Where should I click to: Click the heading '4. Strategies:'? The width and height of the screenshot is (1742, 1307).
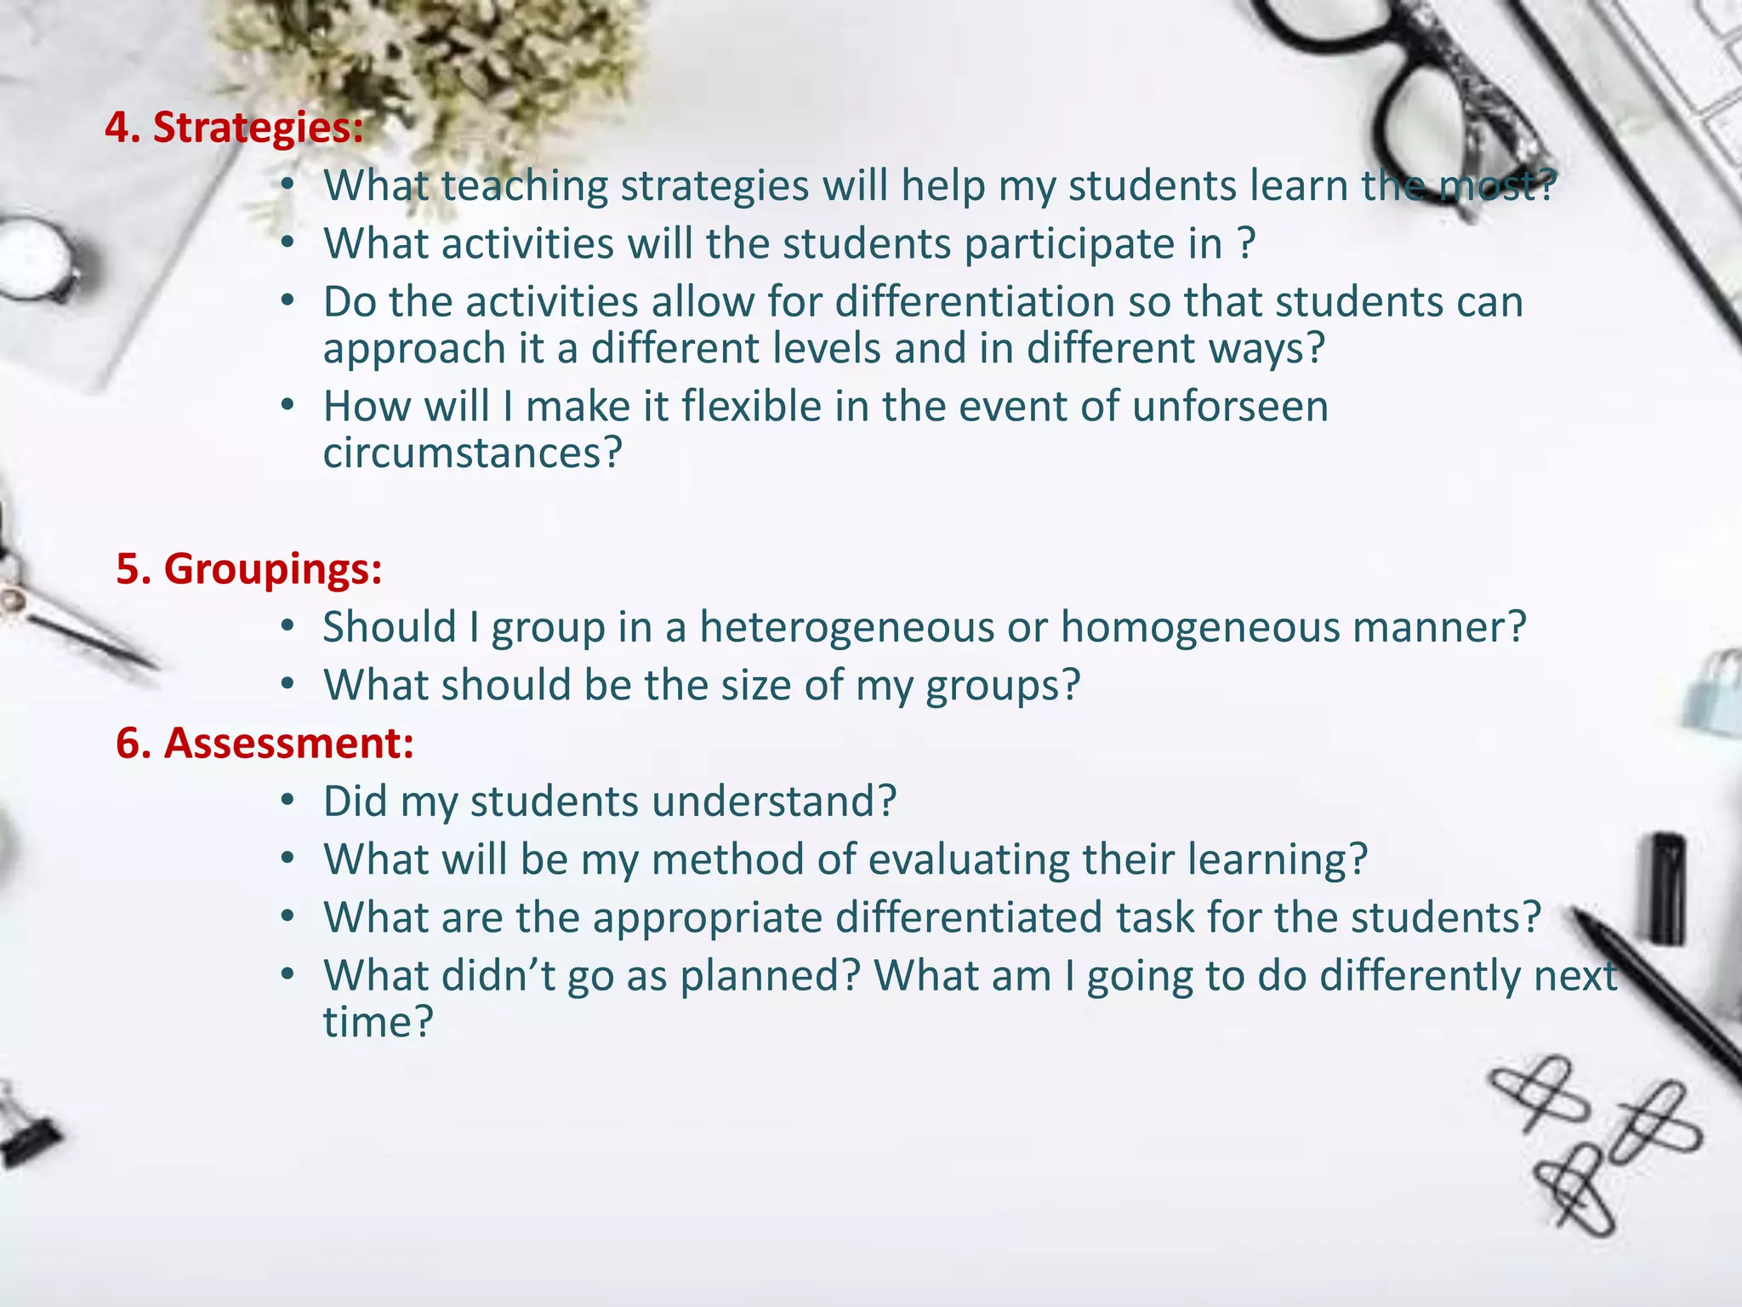tap(234, 128)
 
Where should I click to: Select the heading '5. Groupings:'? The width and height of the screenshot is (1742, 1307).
tap(248, 568)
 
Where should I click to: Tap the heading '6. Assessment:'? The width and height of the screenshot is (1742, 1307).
tap(265, 743)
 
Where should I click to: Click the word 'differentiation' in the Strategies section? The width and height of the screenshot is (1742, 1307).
tap(975, 302)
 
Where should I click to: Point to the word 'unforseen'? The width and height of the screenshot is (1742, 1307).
tap(1230, 406)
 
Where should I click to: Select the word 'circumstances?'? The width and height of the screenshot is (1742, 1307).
tap(473, 453)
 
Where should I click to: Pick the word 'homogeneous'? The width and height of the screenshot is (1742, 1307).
tap(1199, 627)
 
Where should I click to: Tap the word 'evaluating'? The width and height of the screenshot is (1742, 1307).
tap(969, 859)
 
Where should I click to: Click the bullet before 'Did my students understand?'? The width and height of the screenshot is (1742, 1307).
tap(287, 802)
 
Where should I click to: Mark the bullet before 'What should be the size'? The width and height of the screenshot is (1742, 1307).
tap(287, 685)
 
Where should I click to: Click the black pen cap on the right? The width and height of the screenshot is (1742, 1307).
tap(1668, 889)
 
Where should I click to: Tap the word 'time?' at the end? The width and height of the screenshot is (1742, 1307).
tap(378, 1022)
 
